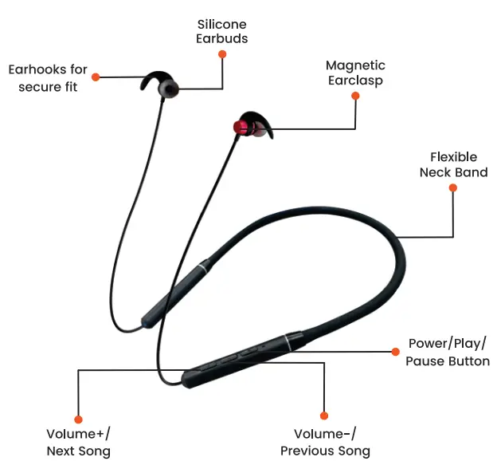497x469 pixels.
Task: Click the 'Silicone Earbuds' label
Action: tap(222, 31)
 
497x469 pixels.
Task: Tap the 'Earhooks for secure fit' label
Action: tap(48, 78)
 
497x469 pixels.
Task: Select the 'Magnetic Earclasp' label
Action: tap(355, 73)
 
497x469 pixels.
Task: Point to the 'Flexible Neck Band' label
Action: tap(453, 164)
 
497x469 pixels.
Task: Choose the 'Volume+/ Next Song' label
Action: tap(78, 443)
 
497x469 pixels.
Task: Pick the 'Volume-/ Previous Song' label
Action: tap(325, 442)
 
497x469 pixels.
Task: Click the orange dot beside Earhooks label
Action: tap(96, 77)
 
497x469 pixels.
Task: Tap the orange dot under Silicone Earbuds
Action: tap(222, 54)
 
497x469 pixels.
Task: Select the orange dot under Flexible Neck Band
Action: tap(453, 188)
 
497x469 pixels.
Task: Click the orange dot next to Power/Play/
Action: tap(394, 351)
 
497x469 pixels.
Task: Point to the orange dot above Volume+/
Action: tap(78, 419)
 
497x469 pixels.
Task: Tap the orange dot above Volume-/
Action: tap(324, 416)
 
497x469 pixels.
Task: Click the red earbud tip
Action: tap(239, 128)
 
